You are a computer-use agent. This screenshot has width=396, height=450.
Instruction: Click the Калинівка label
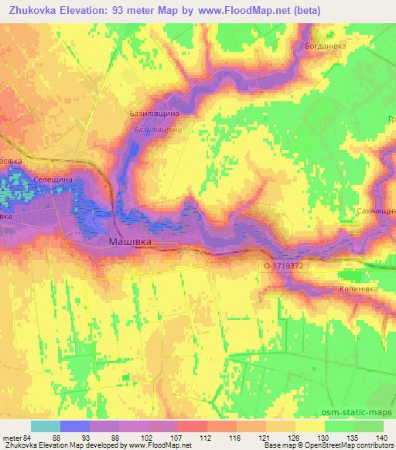(x=358, y=288)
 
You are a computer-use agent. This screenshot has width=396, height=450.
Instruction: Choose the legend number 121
(x=265, y=437)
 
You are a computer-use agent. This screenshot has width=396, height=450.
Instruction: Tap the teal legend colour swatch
(x=45, y=426)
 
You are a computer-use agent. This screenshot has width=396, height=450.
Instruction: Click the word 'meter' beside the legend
(x=10, y=437)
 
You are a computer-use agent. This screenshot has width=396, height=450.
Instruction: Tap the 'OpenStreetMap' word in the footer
(x=341, y=445)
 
